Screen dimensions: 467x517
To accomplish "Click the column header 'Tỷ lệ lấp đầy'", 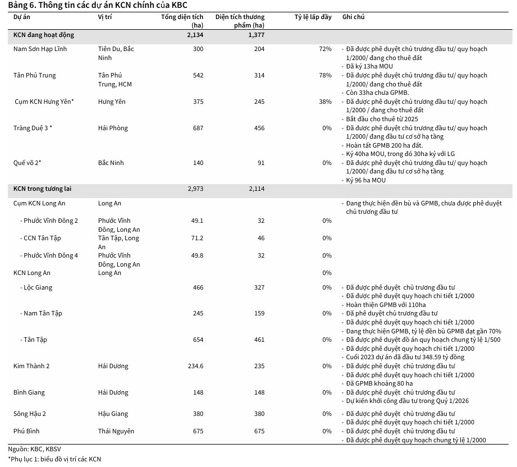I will (313, 17).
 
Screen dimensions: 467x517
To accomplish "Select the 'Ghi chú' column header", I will (353, 17).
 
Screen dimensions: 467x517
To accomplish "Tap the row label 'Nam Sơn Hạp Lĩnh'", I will (40, 49).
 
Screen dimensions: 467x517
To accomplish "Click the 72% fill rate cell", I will (325, 49).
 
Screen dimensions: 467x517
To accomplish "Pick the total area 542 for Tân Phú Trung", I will (198, 75).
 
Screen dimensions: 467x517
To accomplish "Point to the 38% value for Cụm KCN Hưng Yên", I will (325, 102).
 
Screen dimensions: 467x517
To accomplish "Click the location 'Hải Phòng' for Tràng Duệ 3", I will (113, 128).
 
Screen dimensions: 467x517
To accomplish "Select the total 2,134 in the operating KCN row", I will (195, 35).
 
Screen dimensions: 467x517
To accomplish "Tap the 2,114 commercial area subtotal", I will (256, 189).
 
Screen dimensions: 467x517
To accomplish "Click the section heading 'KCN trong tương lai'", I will (42, 189).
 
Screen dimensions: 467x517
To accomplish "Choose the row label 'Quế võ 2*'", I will (27, 163).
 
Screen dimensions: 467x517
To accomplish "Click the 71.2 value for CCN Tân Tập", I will (197, 238).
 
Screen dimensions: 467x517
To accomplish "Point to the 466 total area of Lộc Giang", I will (198, 287).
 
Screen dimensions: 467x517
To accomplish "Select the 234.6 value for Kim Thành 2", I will (195, 366).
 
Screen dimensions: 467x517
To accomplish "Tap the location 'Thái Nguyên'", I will (116, 431).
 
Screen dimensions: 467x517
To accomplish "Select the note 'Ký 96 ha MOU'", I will (365, 180).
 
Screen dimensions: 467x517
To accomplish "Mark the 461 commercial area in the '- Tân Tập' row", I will (259, 340).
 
